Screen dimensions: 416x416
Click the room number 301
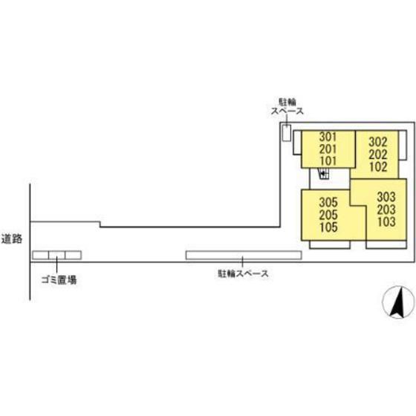click(x=328, y=137)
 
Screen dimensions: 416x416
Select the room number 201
click(x=328, y=149)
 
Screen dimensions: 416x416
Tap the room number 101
click(x=328, y=160)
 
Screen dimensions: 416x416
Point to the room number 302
click(x=378, y=142)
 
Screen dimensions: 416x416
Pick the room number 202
click(x=378, y=155)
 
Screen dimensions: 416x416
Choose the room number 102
click(x=378, y=167)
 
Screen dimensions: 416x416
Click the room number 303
click(x=386, y=197)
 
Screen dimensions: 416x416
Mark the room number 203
click(x=386, y=209)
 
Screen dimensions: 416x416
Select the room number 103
click(x=386, y=222)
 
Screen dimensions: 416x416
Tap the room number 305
click(x=328, y=202)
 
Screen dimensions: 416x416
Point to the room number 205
click(x=328, y=215)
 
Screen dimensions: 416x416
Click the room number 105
click(x=328, y=227)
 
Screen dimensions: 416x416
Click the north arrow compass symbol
click(x=398, y=302)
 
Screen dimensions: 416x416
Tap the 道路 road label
click(x=12, y=238)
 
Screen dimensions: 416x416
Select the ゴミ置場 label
click(x=59, y=280)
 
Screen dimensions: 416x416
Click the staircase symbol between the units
click(x=324, y=174)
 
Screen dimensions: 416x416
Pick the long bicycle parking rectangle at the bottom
click(x=244, y=256)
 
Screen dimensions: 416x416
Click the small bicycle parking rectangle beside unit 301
click(x=286, y=133)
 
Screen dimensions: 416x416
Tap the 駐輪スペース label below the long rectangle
click(x=243, y=273)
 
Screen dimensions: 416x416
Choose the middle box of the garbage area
click(x=56, y=255)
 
